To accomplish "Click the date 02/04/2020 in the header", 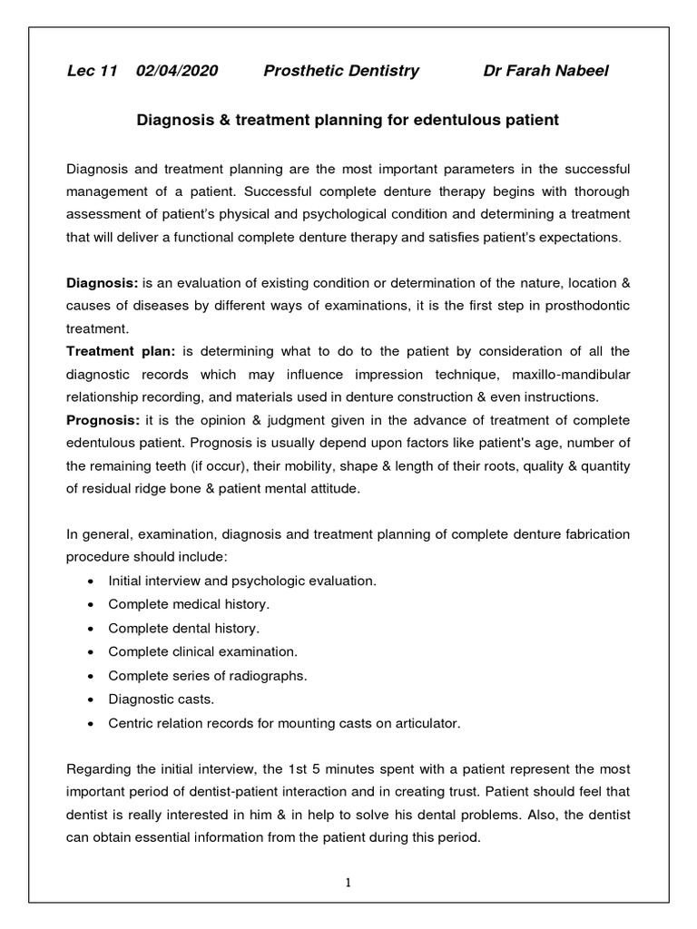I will coord(177,71).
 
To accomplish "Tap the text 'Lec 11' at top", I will coord(93,71).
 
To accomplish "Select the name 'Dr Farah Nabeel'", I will coord(546,71).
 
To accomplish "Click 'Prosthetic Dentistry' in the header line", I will coord(341,71).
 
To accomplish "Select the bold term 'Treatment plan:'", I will coord(123,350).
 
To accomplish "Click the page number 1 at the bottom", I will coord(348,882).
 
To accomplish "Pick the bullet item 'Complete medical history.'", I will coord(189,603).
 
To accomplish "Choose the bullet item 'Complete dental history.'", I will coord(183,628).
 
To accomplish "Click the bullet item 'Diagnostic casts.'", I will coord(162,699).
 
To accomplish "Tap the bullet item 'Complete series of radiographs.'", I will coord(208,676).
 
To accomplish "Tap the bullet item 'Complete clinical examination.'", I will coord(202,651).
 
